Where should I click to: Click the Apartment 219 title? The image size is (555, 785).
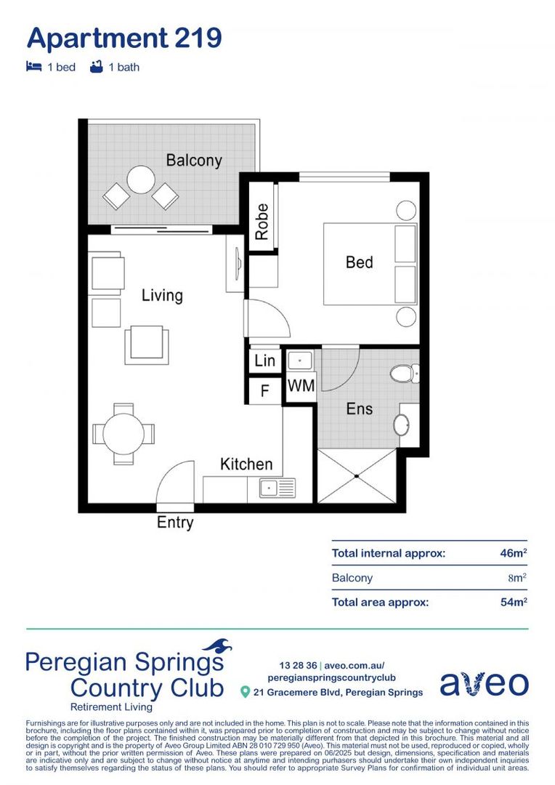(x=123, y=37)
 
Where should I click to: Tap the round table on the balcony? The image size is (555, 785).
(x=141, y=180)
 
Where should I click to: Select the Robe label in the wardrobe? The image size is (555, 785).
(x=262, y=221)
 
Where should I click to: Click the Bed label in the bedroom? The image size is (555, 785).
(x=359, y=262)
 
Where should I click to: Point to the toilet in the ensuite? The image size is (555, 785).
(x=402, y=374)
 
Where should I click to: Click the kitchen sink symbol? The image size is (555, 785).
(x=271, y=488)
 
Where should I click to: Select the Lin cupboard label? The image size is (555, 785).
(x=264, y=361)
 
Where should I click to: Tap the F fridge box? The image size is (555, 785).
(x=264, y=390)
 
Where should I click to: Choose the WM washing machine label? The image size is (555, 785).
(x=300, y=386)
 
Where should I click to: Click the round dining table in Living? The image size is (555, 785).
(x=123, y=435)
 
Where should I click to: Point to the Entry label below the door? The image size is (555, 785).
(x=175, y=523)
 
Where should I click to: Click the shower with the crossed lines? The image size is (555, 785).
(x=357, y=476)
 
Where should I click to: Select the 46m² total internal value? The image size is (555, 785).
(x=513, y=553)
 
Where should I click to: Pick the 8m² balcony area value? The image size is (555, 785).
(x=516, y=578)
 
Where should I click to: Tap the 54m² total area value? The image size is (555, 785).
(x=513, y=602)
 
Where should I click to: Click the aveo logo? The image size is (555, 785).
(x=484, y=683)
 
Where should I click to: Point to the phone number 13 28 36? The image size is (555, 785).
(x=298, y=665)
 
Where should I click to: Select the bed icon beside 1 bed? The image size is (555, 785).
(x=33, y=67)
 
